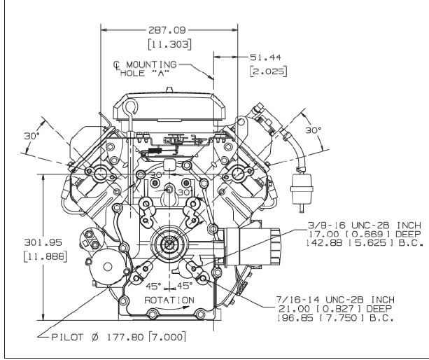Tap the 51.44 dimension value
click(x=265, y=57)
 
